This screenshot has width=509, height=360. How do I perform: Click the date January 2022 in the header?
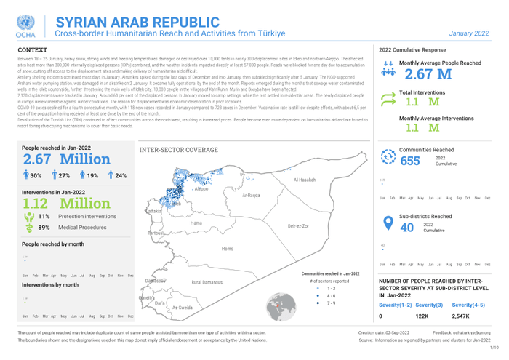469,33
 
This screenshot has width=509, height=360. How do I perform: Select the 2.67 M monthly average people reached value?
428,75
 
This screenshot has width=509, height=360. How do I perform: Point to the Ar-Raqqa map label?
251,196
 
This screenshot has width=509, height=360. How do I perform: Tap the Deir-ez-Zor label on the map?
298,226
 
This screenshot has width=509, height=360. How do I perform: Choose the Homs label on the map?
228,249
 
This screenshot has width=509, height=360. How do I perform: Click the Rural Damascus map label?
207,281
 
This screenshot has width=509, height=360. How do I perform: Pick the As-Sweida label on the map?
182,308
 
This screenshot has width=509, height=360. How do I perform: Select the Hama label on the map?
196,223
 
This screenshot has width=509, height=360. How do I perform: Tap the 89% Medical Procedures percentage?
43,228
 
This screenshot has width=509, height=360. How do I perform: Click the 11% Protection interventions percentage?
43,216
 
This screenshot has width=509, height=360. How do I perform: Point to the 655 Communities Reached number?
410,161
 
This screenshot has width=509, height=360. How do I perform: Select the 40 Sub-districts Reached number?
407,227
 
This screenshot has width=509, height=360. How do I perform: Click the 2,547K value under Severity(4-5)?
461,317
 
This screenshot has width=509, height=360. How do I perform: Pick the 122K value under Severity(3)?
422,317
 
